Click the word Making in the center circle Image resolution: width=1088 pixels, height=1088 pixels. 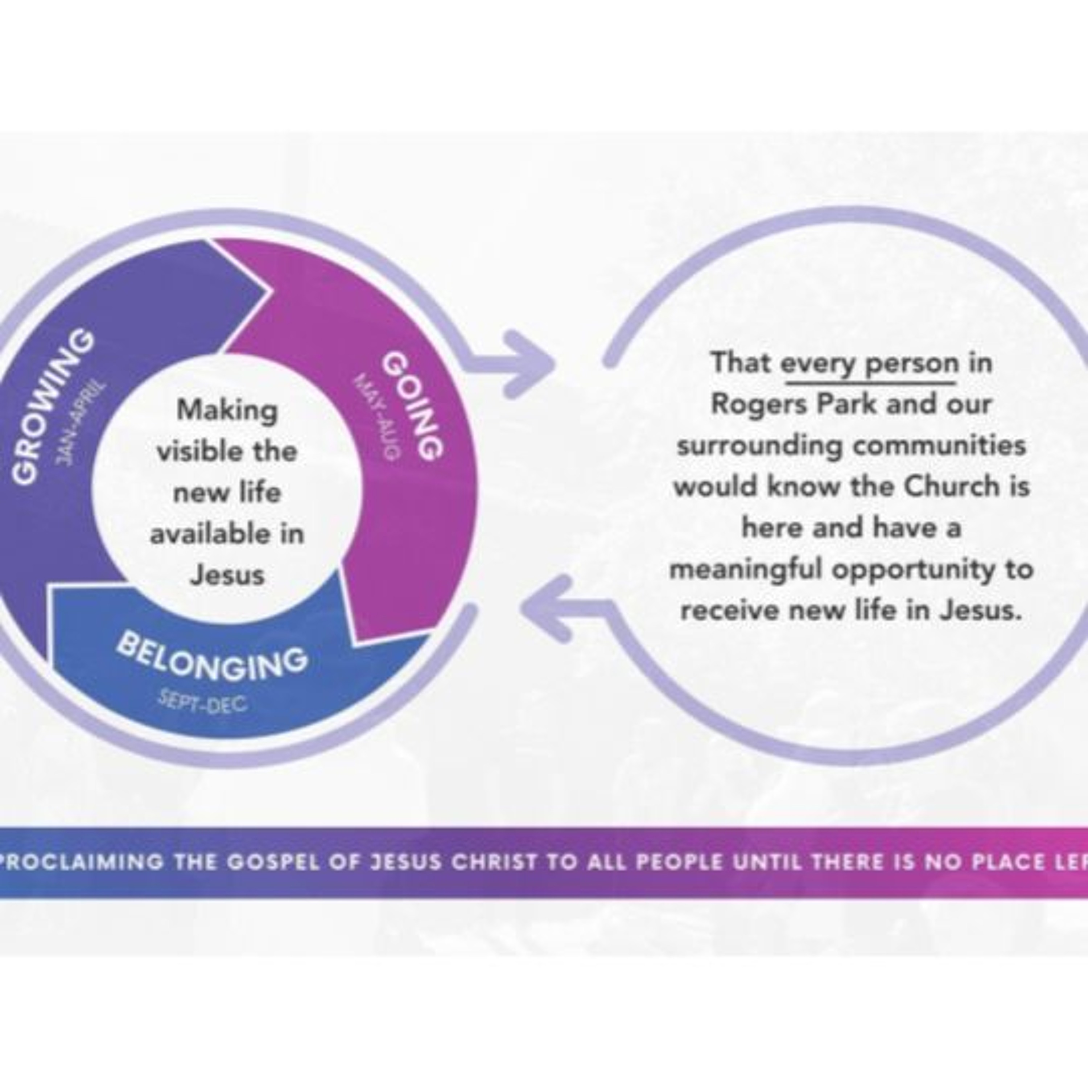(x=227, y=410)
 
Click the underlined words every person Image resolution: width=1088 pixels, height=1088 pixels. (x=870, y=363)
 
